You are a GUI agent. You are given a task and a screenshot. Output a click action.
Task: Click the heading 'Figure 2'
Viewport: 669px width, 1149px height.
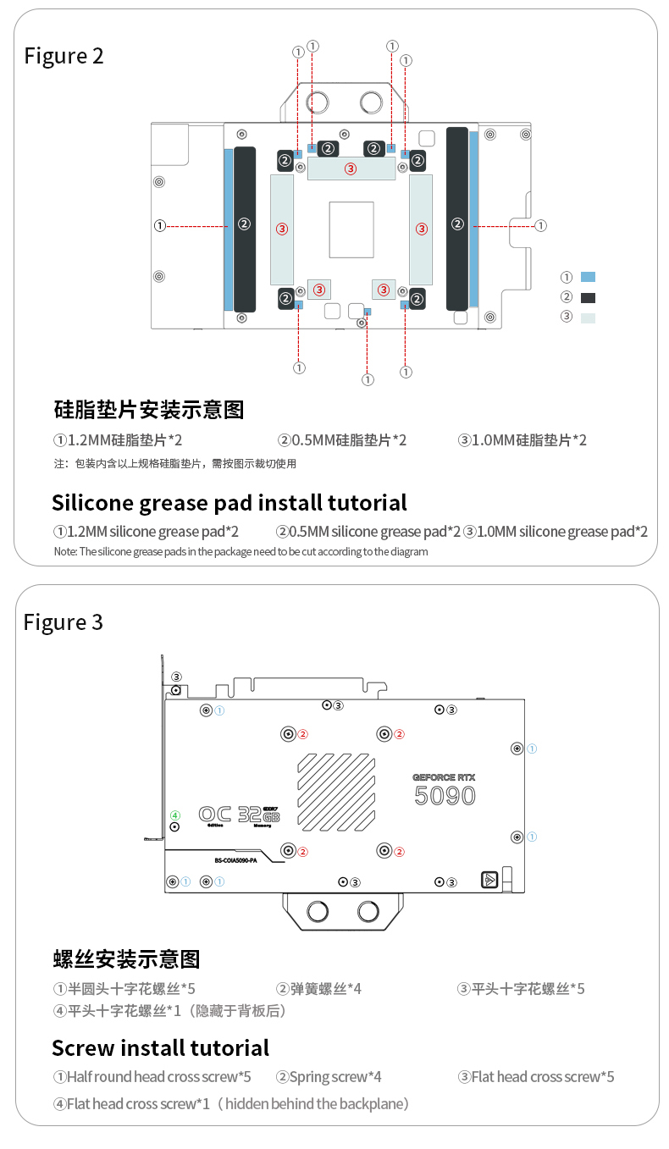click(64, 56)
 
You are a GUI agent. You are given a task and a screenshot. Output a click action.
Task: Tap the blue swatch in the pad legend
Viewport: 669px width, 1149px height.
click(589, 277)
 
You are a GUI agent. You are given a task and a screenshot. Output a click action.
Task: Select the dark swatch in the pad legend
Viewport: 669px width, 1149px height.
click(589, 297)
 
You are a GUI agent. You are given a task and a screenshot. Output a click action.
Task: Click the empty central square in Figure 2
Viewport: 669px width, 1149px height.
click(351, 229)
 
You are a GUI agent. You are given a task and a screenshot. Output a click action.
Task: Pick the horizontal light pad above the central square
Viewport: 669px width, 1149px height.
click(351, 168)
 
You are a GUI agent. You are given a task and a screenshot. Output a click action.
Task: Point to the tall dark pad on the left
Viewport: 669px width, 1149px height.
click(244, 229)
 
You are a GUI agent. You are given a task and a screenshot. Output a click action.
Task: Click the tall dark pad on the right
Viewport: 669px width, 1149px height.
click(457, 218)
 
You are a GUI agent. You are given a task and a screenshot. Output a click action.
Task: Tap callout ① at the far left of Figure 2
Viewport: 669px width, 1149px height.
click(159, 225)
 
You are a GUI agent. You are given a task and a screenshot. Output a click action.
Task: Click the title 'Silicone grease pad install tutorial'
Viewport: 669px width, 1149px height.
click(229, 502)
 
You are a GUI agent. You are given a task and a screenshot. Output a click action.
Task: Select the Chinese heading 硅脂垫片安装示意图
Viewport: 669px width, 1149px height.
click(148, 410)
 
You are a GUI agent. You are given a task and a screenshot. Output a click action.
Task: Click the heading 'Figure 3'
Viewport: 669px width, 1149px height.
click(64, 622)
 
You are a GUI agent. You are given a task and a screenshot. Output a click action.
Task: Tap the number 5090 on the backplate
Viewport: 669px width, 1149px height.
click(445, 795)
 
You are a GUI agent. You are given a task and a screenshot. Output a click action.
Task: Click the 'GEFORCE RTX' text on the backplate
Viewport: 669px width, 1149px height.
click(444, 776)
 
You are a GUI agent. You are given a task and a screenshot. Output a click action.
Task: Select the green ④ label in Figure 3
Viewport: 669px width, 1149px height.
click(175, 815)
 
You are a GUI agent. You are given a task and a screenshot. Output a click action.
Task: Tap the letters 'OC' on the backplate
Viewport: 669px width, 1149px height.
click(215, 814)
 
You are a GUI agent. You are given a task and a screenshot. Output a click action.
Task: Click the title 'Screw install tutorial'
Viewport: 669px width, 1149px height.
click(160, 1047)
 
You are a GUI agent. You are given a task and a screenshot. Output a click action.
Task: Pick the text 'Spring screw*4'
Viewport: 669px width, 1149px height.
click(329, 1077)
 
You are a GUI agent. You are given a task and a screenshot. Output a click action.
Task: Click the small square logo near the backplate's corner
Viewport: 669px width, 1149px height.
click(489, 880)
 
